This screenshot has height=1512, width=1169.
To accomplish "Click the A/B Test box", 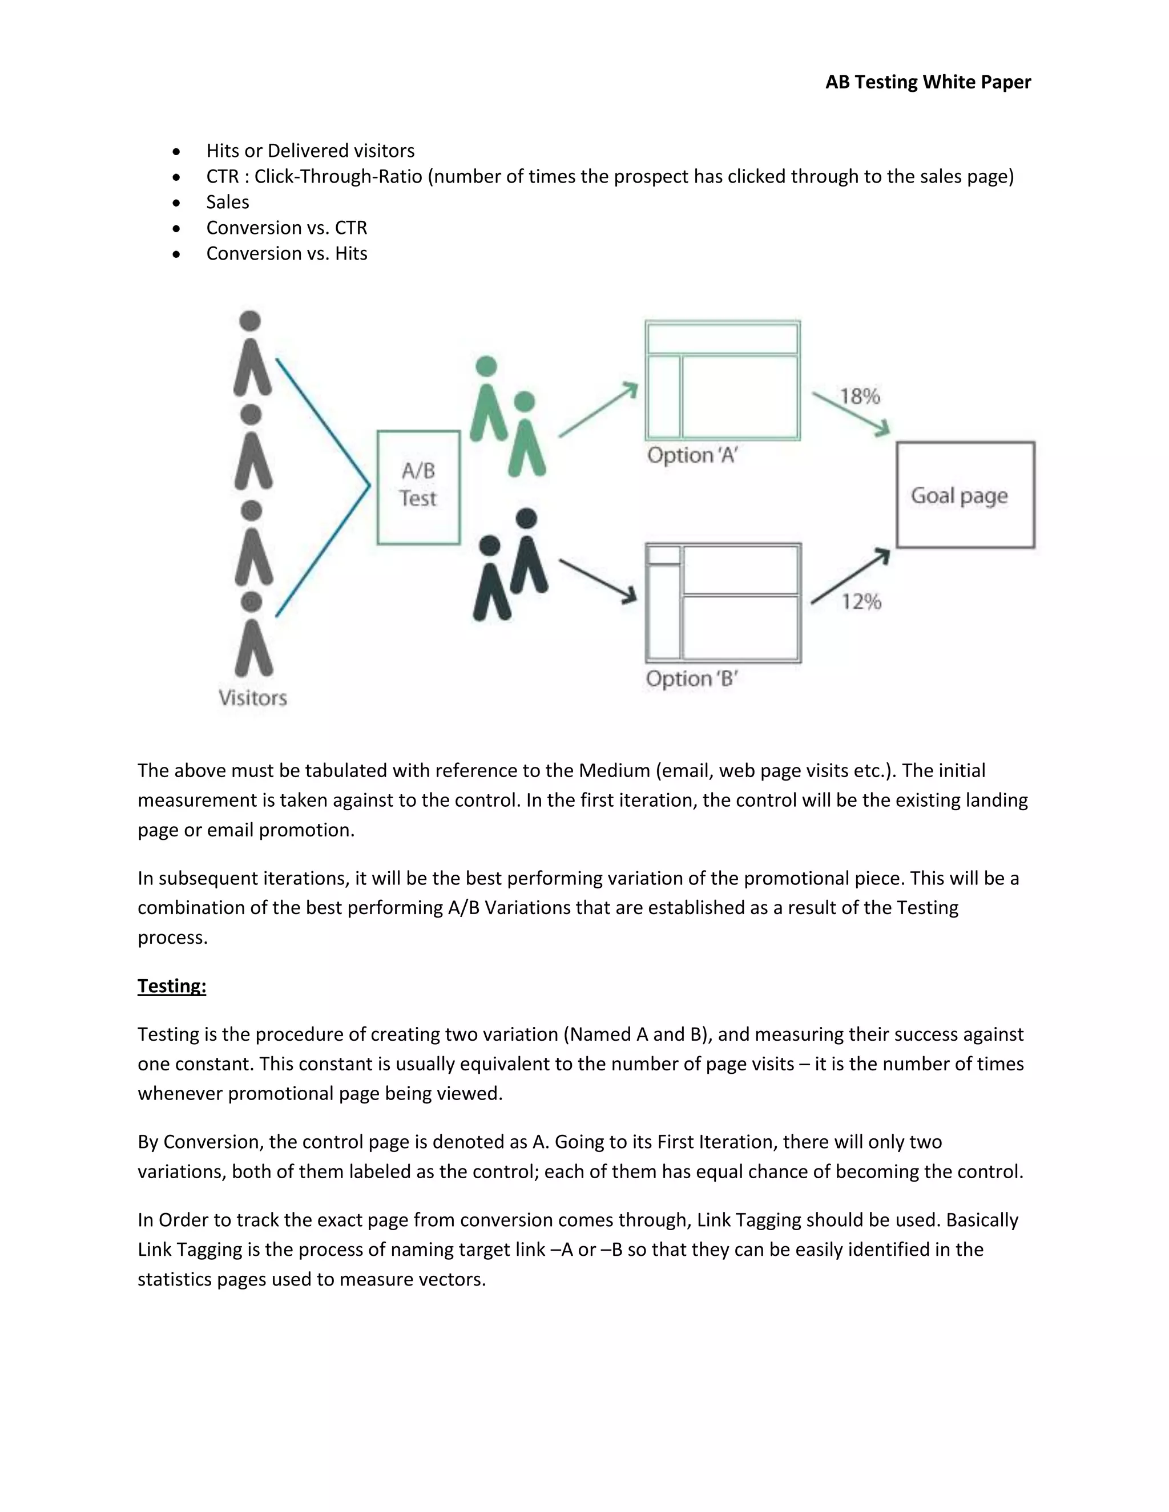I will pyautogui.click(x=418, y=487).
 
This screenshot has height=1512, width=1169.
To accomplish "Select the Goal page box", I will pyautogui.click(x=965, y=495).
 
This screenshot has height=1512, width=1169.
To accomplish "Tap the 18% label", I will pyautogui.click(x=860, y=397).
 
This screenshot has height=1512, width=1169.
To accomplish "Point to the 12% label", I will pyautogui.click(x=861, y=601).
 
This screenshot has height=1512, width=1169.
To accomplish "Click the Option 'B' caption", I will pyautogui.click(x=691, y=678).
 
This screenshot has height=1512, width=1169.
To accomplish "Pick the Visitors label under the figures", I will pyautogui.click(x=253, y=697).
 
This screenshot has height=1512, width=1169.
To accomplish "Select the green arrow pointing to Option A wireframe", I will pyautogui.click(x=598, y=410).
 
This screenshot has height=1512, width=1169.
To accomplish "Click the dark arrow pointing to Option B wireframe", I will pyautogui.click(x=598, y=581).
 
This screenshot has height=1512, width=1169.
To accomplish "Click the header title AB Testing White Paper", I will pyautogui.click(x=928, y=82).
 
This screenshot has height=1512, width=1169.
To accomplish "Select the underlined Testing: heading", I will pyautogui.click(x=172, y=986).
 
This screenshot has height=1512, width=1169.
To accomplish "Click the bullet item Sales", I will pyautogui.click(x=228, y=202).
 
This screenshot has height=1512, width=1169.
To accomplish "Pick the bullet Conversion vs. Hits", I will pyautogui.click(x=287, y=253).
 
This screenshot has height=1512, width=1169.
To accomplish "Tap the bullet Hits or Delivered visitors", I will pyautogui.click(x=311, y=151).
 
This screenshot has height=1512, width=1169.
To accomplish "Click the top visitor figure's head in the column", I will pyautogui.click(x=250, y=321).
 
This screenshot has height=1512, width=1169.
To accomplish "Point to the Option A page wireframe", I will pyautogui.click(x=722, y=380).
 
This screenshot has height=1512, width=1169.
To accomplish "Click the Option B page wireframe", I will pyautogui.click(x=723, y=603).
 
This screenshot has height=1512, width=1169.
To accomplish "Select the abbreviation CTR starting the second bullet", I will pyautogui.click(x=222, y=176).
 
